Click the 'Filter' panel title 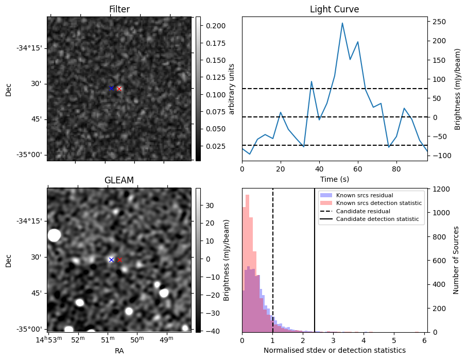point(119,9)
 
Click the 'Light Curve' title point(334,9)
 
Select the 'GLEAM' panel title point(119,180)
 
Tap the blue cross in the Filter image point(111,89)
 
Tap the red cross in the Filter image point(119,89)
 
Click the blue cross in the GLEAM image point(111,260)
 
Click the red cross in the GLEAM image point(120,260)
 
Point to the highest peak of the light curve point(342,23)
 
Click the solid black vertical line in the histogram point(315,258)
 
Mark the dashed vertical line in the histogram point(272,258)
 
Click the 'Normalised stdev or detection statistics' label point(334,351)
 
